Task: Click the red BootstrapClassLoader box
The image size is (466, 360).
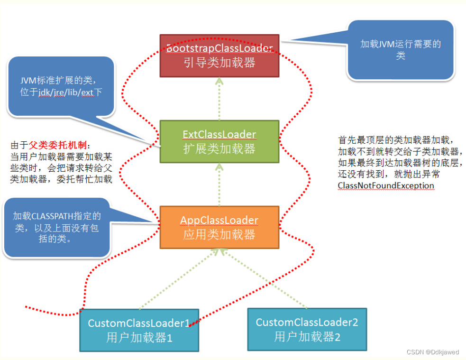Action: tap(219, 55)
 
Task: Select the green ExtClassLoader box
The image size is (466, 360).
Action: tap(219, 142)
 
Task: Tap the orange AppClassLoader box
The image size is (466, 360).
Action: tap(219, 227)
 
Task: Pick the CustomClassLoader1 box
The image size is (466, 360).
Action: tap(139, 330)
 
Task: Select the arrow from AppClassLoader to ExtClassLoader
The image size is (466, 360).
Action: tap(219, 185)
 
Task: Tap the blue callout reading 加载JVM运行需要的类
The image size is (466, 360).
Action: tap(401, 50)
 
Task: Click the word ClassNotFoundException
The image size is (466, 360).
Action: tap(386, 185)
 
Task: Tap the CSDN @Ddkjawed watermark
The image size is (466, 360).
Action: tap(433, 352)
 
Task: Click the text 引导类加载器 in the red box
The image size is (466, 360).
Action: tap(219, 63)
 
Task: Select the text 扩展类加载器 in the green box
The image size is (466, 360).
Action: tap(219, 148)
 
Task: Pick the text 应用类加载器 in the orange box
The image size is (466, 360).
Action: tap(219, 234)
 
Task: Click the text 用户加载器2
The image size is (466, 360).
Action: tap(307, 337)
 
